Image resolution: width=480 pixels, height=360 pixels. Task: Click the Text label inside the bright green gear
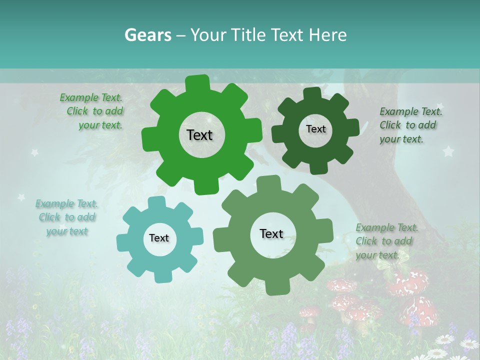pos(199,135)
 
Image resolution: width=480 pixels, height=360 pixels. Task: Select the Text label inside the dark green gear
pos(315,129)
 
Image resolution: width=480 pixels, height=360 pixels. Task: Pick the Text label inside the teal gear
pos(159,238)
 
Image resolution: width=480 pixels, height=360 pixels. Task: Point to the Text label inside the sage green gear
pos(271,233)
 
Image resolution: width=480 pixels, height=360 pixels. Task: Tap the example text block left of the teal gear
pos(67,217)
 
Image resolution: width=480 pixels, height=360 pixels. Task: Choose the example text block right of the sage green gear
pos(384,241)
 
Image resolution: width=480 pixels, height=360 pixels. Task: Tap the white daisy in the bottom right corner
pos(469,343)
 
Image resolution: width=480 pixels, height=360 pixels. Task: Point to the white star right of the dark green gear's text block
pos(448,150)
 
